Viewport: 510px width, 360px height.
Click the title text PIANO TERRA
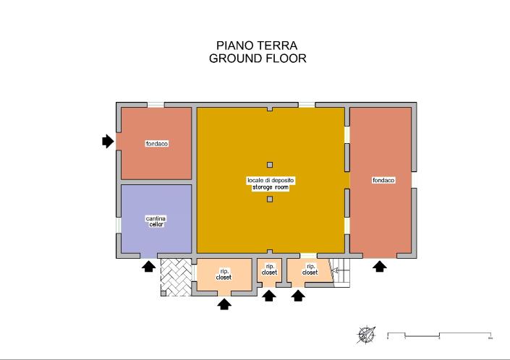pyautogui.click(x=257, y=46)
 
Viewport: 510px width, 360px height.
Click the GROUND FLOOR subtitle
pyautogui.click(x=257, y=59)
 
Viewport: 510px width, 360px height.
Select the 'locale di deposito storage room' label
pyautogui.click(x=270, y=183)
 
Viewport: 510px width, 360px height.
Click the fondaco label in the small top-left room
pyautogui.click(x=156, y=144)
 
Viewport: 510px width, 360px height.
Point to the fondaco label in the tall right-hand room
pyautogui.click(x=383, y=180)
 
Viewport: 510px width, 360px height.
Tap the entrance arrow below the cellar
pyautogui.click(x=148, y=267)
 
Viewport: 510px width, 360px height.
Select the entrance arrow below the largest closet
pyautogui.click(x=224, y=304)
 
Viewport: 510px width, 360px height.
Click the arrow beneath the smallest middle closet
pyautogui.click(x=269, y=296)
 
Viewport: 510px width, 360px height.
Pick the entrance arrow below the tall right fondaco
pyautogui.click(x=378, y=267)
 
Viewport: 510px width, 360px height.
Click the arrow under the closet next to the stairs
pyautogui.click(x=297, y=296)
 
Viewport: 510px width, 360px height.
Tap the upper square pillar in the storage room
pyautogui.click(x=270, y=165)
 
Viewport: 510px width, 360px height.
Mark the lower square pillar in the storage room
pyautogui.click(x=270, y=199)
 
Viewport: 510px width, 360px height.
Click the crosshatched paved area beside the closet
pyautogui.click(x=177, y=276)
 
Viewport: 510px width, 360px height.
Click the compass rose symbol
pyautogui.click(x=367, y=335)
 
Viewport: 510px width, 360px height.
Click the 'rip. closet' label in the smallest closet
pyautogui.click(x=269, y=269)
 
